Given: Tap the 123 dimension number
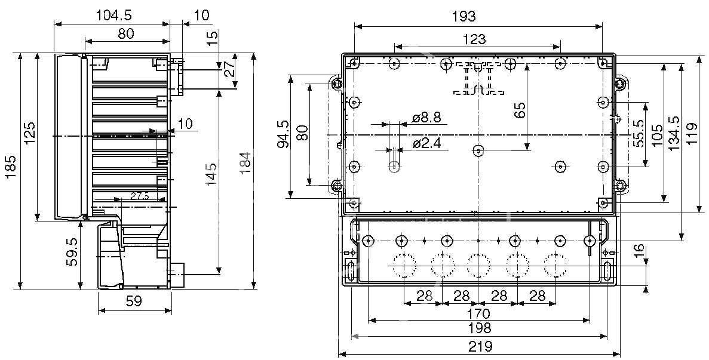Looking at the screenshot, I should pos(474,39).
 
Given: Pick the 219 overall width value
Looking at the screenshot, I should pos(480,346).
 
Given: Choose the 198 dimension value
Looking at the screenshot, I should pos(480,328).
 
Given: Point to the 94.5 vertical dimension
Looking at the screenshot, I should pos(284,134).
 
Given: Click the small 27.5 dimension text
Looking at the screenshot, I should pos(139,196).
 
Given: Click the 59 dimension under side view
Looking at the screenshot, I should pos(134,301).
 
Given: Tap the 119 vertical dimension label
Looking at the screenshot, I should pos(692,135).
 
